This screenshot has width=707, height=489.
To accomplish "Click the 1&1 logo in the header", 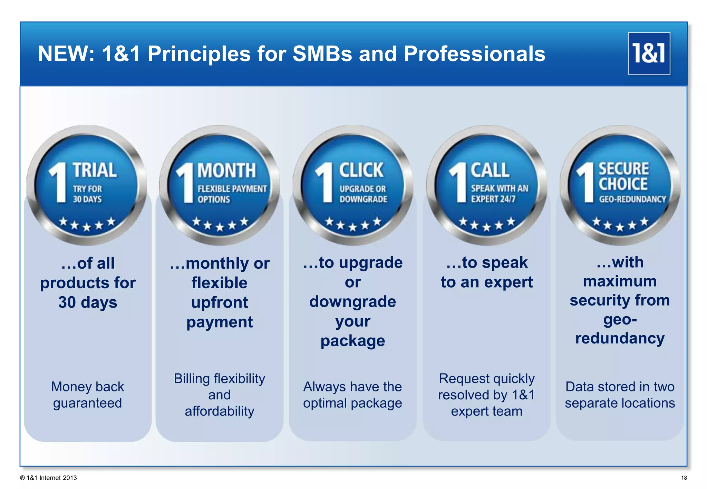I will [649, 53].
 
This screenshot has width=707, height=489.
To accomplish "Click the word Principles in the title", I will [199, 54].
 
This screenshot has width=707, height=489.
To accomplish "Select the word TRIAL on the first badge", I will [95, 170].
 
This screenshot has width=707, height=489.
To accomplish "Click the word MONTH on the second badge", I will [226, 171].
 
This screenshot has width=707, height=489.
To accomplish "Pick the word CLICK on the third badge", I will [361, 170].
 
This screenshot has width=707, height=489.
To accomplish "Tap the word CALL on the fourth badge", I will [490, 170].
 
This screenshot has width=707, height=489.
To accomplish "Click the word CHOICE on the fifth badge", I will [623, 184].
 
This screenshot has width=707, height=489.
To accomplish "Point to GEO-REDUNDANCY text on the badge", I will [632, 199].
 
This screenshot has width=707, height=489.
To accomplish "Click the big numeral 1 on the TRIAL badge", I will [59, 183].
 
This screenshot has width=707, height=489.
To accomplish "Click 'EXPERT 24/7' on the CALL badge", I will [493, 199].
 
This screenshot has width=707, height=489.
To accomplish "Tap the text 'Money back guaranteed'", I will [87, 395].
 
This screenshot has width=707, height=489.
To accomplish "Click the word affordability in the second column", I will [220, 411].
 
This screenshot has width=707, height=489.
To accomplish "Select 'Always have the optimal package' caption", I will [352, 395].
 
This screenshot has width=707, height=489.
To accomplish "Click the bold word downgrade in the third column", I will [352, 302].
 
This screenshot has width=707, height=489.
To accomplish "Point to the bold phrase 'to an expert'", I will [487, 282].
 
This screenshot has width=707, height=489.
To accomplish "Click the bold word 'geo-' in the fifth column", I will [620, 320].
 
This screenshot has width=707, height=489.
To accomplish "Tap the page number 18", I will [684, 478].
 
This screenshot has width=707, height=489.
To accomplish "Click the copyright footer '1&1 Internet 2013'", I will [51, 478].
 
